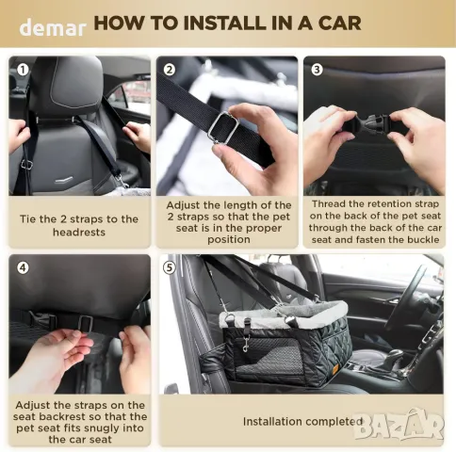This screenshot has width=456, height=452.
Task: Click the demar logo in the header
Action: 53,27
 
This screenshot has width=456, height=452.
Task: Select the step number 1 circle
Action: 23,70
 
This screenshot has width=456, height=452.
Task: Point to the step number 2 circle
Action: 170,70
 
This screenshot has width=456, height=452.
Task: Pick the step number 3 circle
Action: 317,70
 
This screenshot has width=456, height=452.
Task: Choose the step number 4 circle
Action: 23,267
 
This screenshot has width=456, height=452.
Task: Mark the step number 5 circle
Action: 170,267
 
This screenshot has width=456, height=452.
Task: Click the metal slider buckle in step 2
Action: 223,128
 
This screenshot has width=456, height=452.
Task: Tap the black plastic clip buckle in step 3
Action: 372,123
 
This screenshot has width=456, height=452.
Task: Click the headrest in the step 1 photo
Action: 68,87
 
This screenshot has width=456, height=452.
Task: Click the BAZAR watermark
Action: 399,425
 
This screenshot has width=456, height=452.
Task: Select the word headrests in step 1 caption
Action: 79,233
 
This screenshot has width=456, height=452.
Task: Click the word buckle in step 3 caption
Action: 423,240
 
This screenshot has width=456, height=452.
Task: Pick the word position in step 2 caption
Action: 229,240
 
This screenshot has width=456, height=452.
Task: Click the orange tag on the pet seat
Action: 335,368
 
